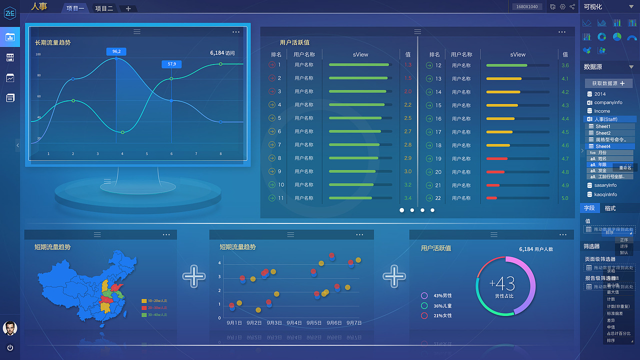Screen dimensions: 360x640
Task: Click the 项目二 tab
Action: point(104,8)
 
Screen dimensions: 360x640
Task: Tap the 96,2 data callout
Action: point(116,51)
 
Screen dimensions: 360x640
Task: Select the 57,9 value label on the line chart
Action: point(171,64)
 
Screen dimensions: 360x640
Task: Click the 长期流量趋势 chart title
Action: point(53,42)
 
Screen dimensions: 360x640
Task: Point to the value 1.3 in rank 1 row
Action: point(408,65)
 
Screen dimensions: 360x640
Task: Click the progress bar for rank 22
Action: point(517,198)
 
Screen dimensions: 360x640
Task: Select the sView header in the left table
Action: point(360,54)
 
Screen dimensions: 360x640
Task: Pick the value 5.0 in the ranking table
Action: point(565,198)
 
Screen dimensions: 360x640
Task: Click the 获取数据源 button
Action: point(608,83)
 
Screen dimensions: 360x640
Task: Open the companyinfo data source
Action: point(608,102)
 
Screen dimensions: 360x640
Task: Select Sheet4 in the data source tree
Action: point(603,146)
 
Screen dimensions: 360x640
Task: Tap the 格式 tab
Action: point(610,208)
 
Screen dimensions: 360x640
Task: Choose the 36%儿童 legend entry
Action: point(442,305)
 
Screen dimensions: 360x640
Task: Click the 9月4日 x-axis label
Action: point(294,323)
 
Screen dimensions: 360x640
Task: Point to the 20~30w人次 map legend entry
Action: point(157,307)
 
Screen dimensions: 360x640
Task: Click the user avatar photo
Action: point(9,328)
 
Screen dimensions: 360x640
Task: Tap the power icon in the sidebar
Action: point(10,347)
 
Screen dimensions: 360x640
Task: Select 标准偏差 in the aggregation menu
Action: point(615,313)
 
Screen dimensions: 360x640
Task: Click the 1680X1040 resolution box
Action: point(527,6)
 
